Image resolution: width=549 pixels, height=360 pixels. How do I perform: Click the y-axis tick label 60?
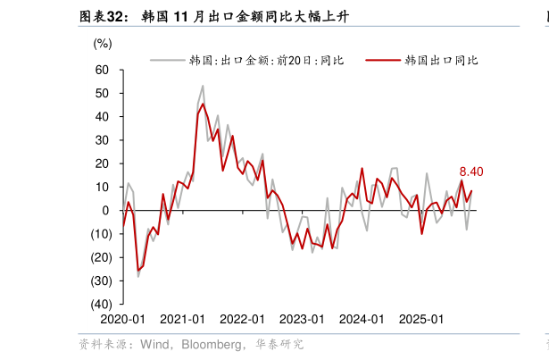(x=102, y=70)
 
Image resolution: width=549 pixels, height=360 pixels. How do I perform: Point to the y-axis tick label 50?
(x=102, y=93)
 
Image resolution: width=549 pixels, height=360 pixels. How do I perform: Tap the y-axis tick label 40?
(x=102, y=116)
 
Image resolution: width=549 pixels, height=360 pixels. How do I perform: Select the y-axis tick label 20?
(x=102, y=163)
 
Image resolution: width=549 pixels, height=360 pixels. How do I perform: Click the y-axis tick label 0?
(x=105, y=210)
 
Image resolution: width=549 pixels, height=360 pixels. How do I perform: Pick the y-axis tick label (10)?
(x=100, y=234)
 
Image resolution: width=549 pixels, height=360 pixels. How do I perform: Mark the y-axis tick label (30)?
(x=100, y=280)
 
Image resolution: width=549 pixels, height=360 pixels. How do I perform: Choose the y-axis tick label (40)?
(x=100, y=304)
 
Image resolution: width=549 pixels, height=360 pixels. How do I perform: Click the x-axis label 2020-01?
(x=122, y=319)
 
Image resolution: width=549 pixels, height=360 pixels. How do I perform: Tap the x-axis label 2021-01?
(x=182, y=319)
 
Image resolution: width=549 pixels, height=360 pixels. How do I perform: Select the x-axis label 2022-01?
(x=242, y=319)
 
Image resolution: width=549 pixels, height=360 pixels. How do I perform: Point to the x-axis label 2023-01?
(x=302, y=319)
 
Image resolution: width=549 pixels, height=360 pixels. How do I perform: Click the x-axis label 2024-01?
(x=362, y=319)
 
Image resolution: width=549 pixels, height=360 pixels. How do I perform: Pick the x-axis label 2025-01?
(x=421, y=319)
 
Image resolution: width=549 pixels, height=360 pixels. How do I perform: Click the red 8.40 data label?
(x=471, y=172)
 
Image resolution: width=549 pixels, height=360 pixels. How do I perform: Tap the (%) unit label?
(x=103, y=43)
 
